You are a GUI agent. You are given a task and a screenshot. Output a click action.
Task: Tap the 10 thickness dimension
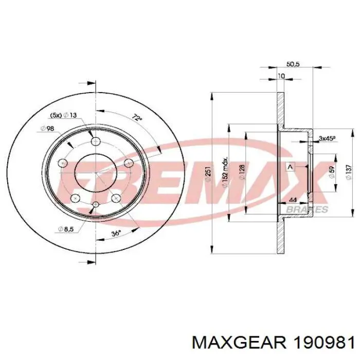coord(280,76)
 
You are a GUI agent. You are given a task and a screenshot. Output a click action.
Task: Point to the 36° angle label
coord(117,233)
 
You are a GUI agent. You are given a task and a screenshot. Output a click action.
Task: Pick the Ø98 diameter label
coord(47,129)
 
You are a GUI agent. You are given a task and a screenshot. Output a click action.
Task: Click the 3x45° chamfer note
coord(327,138)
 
